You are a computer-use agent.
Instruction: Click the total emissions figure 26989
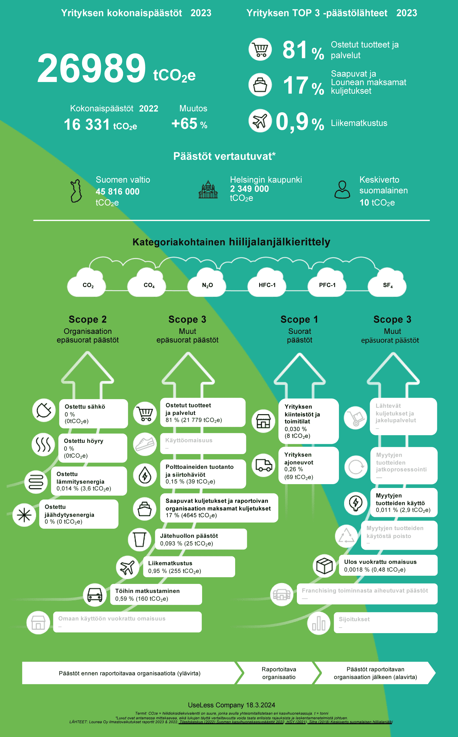[91, 69]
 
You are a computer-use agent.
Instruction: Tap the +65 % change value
[189, 124]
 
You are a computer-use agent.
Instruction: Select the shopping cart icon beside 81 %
[260, 49]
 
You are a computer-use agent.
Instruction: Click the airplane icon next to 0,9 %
[260, 121]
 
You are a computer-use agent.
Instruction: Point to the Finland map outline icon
[76, 191]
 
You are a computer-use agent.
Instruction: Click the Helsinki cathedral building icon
[208, 190]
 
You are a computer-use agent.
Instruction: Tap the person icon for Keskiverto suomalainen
[342, 190]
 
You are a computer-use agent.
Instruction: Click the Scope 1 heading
[299, 319]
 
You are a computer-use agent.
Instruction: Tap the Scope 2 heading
[88, 319]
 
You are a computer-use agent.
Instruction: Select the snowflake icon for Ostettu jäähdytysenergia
[24, 515]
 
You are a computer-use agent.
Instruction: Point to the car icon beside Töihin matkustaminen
[95, 595]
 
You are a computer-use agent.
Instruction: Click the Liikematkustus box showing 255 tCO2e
[189, 567]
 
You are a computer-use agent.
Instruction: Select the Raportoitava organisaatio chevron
[278, 673]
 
